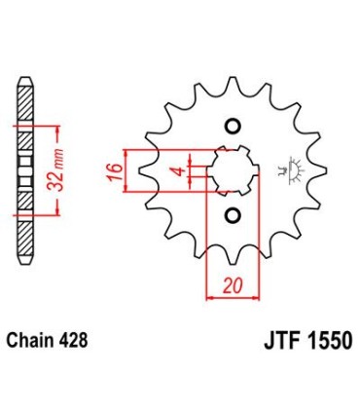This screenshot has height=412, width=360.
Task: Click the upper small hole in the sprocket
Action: [x=233, y=125]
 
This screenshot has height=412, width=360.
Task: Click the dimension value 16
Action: [x=114, y=170]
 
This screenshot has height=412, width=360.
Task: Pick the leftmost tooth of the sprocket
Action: [x=139, y=170]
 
